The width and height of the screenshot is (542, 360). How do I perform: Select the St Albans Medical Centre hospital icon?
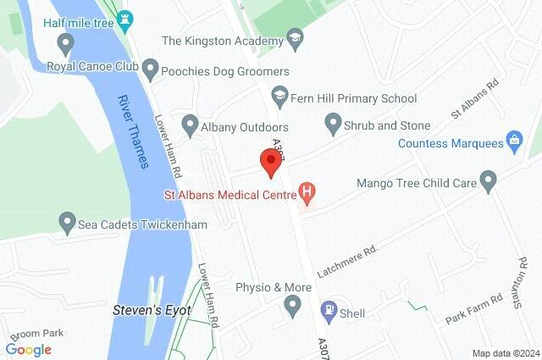point(307,196)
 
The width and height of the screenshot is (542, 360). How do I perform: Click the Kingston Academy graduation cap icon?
point(294,40)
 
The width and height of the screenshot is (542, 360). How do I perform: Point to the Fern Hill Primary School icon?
point(278,98)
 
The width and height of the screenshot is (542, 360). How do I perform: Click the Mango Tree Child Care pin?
point(487,180)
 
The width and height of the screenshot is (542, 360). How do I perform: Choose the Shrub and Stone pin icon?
point(333,125)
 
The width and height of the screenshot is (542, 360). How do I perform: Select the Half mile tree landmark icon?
point(126,18)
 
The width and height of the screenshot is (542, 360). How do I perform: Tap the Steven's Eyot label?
point(152,310)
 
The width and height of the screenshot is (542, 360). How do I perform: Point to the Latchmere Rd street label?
point(346,263)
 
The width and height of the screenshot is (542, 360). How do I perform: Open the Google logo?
point(29,349)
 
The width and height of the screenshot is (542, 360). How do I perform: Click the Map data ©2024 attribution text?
point(505,352)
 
